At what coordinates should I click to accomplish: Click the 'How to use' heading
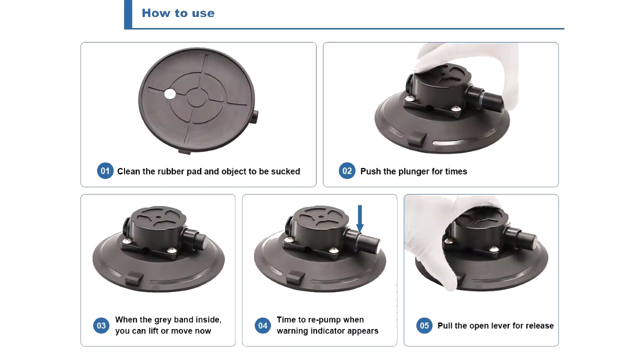click(x=178, y=13)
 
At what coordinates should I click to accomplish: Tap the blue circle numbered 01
click(x=105, y=171)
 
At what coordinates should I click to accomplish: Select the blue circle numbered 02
click(x=347, y=171)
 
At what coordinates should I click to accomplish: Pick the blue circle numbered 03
click(x=101, y=325)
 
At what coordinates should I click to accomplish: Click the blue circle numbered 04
click(x=263, y=325)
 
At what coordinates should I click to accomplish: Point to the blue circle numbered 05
click(x=424, y=325)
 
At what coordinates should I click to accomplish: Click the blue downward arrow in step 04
click(x=360, y=219)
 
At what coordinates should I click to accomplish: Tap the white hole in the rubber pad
click(x=170, y=94)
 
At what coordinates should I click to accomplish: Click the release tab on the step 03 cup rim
click(x=134, y=278)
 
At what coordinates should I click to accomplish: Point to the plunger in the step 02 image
click(x=485, y=98)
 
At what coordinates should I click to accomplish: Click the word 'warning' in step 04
click(x=292, y=331)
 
